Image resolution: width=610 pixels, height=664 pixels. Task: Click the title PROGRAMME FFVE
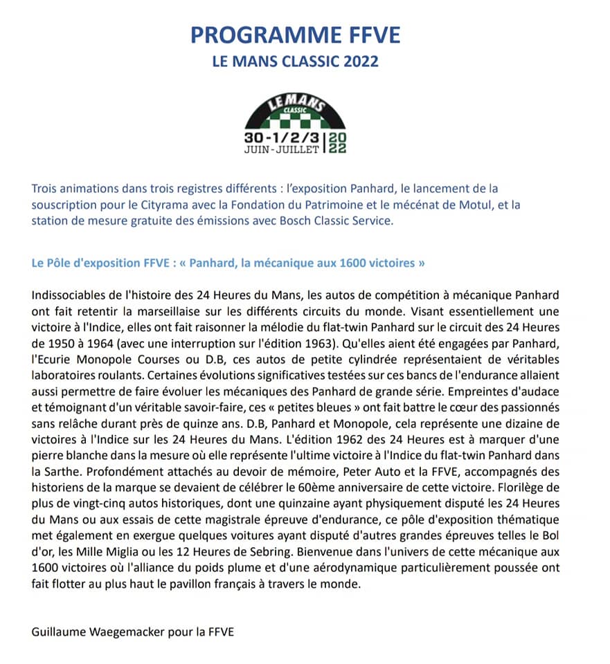coord(305,34)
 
